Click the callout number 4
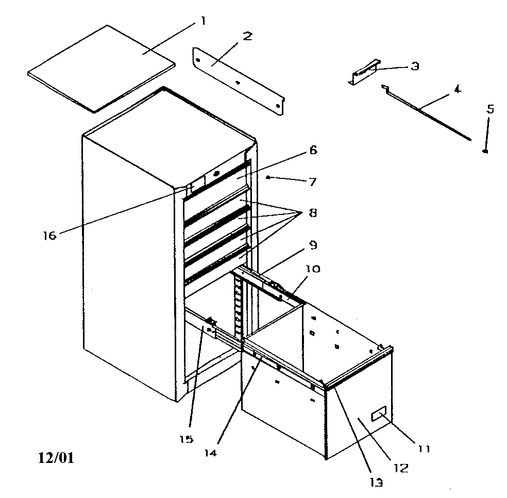click(456, 89)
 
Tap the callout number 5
click(489, 109)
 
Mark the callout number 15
click(187, 439)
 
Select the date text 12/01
click(55, 457)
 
